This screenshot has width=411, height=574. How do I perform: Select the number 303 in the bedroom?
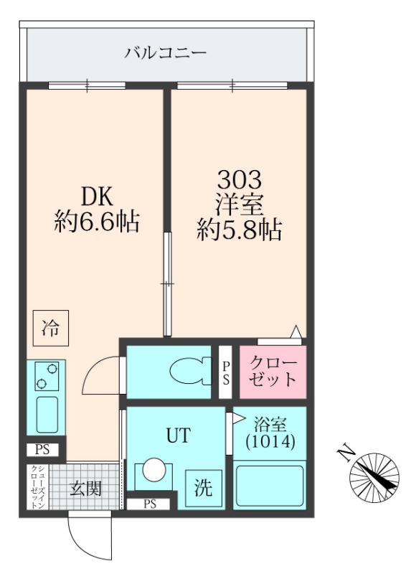239,178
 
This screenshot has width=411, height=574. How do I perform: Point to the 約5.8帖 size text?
239,230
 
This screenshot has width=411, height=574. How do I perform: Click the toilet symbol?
188,371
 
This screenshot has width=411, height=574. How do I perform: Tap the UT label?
179,435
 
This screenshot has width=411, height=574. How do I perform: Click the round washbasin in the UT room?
153,471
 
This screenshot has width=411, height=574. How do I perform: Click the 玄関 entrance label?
85,489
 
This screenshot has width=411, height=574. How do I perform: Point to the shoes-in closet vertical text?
35,487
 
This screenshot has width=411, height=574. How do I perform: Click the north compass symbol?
374,476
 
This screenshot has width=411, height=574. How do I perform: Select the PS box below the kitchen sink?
42,450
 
